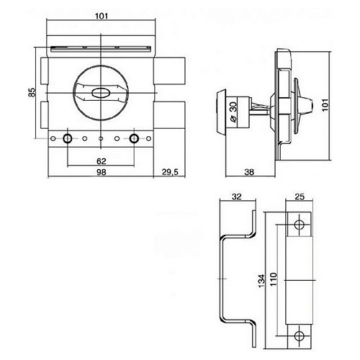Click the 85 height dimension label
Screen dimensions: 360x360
coord(32,93)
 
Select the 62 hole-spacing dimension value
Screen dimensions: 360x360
coord(102,161)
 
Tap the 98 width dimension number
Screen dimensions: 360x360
coord(101,172)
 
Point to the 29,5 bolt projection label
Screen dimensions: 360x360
coord(170,172)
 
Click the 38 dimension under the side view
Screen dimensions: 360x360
coord(249,172)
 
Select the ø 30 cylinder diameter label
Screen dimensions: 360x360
coord(233,112)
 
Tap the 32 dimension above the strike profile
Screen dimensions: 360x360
coord(236,197)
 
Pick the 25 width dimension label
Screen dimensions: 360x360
coord(300,197)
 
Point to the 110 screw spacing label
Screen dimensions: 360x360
coord(273,279)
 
